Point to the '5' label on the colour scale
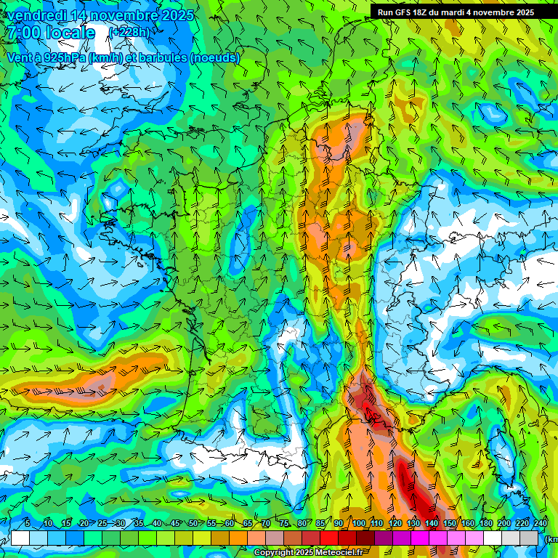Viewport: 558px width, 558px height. point(28,523)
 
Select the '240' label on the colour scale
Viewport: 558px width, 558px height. point(541,523)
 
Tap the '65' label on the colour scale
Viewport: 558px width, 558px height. point(248,523)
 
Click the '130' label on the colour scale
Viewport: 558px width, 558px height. point(413,523)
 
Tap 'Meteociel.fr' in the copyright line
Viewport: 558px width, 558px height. point(338,553)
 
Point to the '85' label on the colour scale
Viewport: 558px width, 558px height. point(320,523)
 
